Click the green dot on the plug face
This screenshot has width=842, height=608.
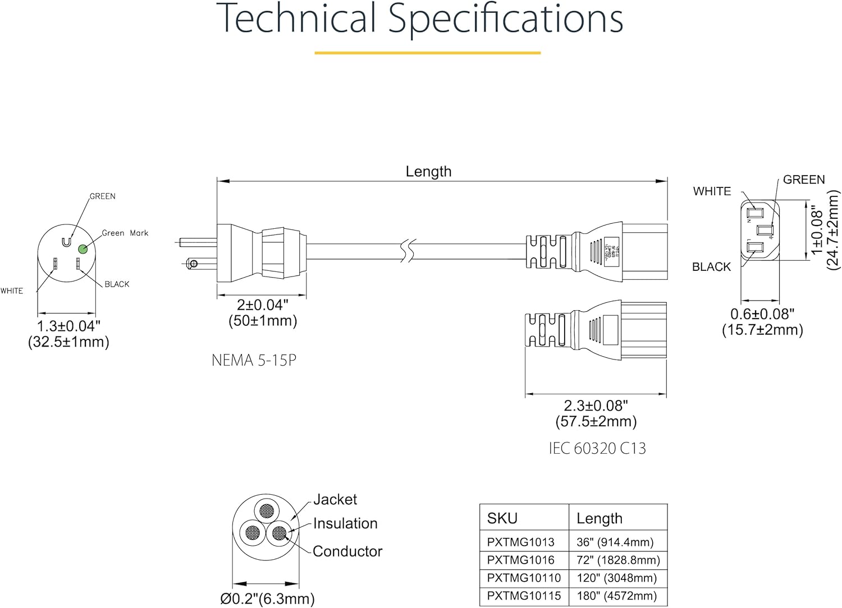pos(83,248)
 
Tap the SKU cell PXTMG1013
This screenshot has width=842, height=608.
pos(520,542)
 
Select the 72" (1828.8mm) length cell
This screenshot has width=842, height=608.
pos(618,560)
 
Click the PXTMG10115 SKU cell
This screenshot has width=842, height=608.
pos(524,596)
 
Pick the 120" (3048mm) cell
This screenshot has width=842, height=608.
pos(616,578)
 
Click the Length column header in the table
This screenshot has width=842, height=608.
pos(599,518)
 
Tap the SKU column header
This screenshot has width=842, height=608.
pos(502,518)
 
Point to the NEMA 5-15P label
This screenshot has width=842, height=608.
pos(254,360)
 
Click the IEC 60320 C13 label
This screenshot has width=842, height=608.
pos(597,448)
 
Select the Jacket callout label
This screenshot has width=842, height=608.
pos(335,499)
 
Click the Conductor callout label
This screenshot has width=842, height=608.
pos(347,551)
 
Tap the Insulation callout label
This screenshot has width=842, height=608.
pos(345,523)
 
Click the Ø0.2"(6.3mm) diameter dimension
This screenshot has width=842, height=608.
pos(267,598)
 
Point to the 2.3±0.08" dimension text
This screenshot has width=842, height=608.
pos(596,405)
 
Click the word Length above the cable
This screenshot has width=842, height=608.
pos(428,172)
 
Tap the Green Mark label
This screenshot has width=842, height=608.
pos(125,233)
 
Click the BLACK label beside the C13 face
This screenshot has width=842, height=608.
pos(711,267)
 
